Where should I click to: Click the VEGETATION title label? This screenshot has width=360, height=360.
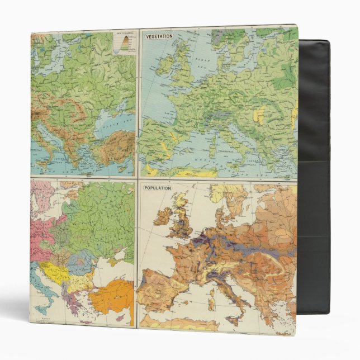point(159,36)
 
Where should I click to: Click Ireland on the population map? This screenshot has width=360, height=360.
point(162,215)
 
